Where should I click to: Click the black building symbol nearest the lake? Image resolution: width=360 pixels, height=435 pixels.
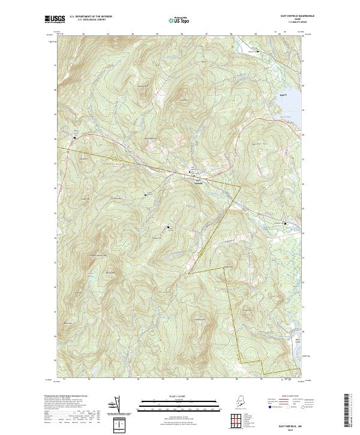[284, 225]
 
